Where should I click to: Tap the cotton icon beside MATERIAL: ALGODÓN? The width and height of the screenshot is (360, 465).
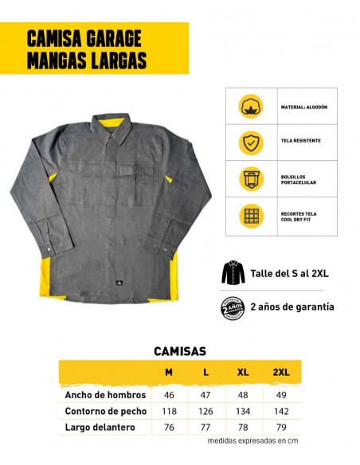(252, 107)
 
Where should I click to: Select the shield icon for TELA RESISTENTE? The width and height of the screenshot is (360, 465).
(252, 142)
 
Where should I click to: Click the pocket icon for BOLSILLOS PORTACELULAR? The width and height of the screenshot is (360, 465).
(252, 178)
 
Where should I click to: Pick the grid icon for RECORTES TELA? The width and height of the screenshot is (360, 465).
(252, 215)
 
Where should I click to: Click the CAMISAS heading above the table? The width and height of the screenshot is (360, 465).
(179, 350)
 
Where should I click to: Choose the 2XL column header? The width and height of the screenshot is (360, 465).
(281, 373)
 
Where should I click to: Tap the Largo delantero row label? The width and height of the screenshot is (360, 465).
(100, 428)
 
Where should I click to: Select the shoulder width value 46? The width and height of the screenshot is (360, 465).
(169, 394)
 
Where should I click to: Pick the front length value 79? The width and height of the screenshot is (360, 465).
(281, 428)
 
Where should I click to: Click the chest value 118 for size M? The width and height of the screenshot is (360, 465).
(169, 411)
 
